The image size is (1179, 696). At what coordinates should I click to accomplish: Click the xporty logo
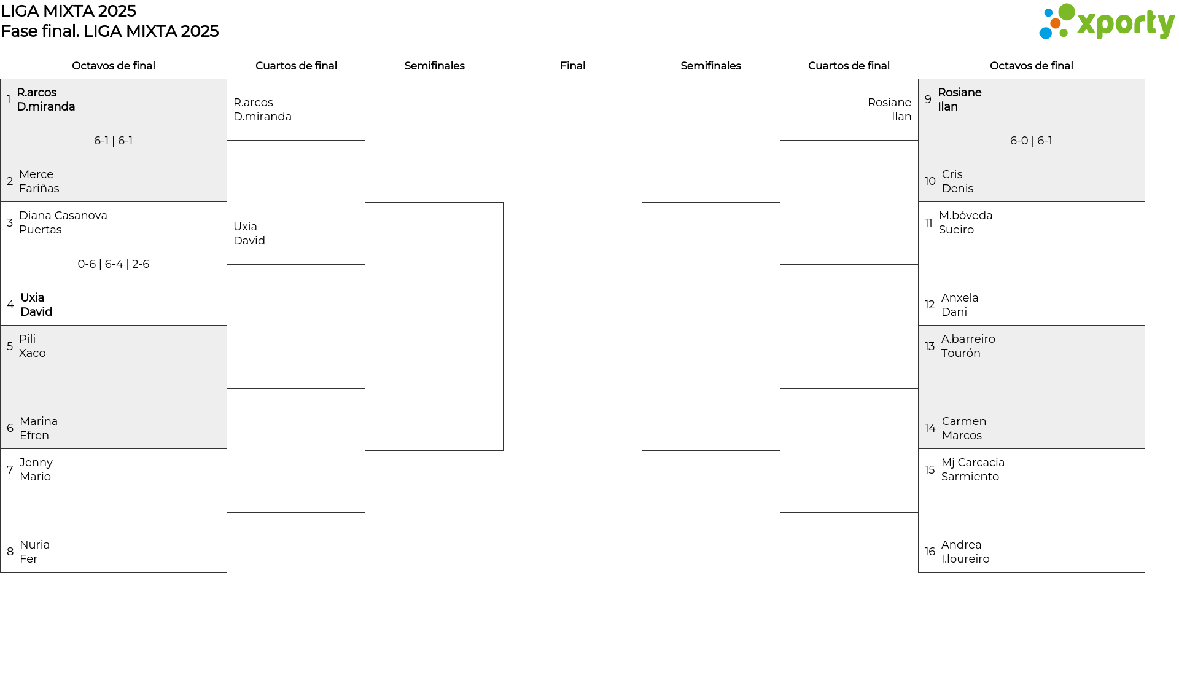coord(1107,22)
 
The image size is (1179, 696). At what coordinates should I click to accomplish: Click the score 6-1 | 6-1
coord(114,141)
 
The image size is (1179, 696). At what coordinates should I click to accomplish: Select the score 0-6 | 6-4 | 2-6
coord(114,264)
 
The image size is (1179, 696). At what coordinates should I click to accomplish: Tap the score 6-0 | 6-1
coord(1031,141)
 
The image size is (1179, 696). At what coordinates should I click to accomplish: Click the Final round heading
coord(572,66)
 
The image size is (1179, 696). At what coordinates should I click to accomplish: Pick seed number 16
coord(930,552)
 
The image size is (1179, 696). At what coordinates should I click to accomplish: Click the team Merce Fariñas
coord(39,181)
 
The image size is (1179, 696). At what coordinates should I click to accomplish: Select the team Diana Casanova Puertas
coord(63,222)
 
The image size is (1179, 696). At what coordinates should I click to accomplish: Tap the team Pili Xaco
coord(33,346)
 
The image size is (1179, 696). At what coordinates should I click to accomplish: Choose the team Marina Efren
coord(39,428)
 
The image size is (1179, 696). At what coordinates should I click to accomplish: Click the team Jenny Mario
coord(36,469)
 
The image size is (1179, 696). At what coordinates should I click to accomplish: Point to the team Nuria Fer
coord(35,552)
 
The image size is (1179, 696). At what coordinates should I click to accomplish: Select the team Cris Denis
coord(958,181)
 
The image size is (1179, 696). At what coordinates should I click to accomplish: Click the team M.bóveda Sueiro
coord(966,222)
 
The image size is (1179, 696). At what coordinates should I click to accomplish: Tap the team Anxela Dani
coord(960,305)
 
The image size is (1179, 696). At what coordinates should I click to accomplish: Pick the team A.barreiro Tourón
coord(968,346)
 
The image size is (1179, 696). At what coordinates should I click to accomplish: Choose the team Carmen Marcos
coord(964,428)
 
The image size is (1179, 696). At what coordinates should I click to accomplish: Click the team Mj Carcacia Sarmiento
coord(973,469)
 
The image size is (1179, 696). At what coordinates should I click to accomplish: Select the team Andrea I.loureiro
coord(965,552)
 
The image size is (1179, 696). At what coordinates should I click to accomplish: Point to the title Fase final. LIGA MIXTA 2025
coord(110,31)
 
